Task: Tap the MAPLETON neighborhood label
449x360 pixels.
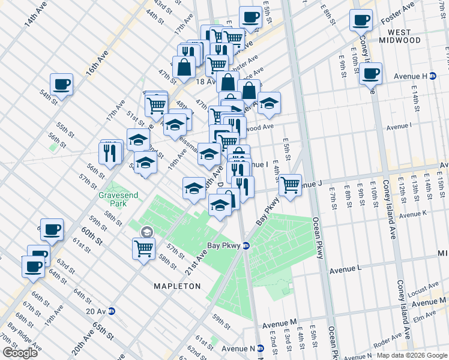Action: [178, 286]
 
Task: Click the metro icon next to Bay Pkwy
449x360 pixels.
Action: [246, 246]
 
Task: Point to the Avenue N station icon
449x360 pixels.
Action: [260, 349]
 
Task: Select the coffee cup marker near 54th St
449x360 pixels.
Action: [61, 85]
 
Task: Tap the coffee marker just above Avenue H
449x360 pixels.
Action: [370, 74]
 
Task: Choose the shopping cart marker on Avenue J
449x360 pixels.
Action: [290, 185]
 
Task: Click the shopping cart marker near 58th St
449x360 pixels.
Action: [144, 247]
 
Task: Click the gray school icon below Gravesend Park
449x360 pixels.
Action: [146, 232]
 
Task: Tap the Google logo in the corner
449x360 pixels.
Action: [20, 353]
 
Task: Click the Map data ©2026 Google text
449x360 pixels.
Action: [412, 355]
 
